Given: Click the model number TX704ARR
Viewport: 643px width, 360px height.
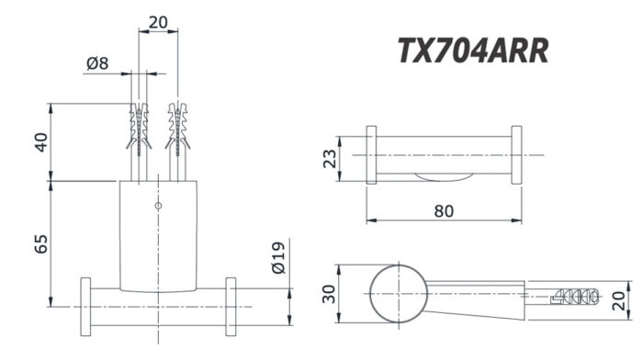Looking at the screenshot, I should coord(473,51).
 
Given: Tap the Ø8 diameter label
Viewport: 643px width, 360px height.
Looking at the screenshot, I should coord(97,63).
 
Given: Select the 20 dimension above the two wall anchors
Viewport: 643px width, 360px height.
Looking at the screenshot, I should coord(158,21).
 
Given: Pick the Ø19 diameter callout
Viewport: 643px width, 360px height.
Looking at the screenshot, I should coord(281,260).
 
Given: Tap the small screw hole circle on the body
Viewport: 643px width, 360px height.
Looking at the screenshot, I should coord(158,205).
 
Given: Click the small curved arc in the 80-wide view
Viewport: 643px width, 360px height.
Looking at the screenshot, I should coord(444,176).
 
